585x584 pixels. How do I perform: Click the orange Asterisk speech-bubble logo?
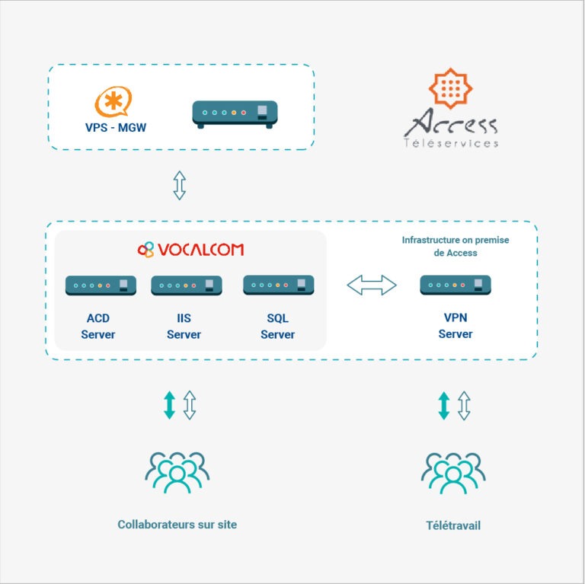tap(113, 101)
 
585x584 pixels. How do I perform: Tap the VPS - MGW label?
tap(116, 128)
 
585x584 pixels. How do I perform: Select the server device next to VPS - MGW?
tap(235, 114)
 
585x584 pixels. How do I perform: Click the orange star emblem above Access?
tap(451, 88)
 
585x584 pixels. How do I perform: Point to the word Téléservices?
tap(451, 143)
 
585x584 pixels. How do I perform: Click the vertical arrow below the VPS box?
tap(180, 185)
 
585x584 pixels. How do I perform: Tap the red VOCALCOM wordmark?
tap(201, 250)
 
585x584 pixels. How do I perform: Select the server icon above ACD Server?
tap(101, 286)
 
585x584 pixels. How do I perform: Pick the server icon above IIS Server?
tap(187, 286)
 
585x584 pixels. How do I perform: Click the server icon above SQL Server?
tap(278, 285)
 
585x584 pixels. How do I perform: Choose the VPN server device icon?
tap(456, 285)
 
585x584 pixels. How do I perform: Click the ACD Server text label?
tap(98, 327)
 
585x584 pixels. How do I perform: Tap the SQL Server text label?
tap(277, 327)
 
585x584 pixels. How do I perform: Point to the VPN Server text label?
tap(456, 326)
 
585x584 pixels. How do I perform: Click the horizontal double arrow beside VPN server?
tap(372, 285)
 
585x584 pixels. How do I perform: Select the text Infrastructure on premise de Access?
tap(456, 246)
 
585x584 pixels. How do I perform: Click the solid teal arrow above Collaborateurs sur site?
tap(169, 405)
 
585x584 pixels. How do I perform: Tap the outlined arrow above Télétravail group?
tap(464, 405)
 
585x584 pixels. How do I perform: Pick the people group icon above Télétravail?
tap(453, 473)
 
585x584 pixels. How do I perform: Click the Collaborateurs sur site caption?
tap(177, 525)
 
